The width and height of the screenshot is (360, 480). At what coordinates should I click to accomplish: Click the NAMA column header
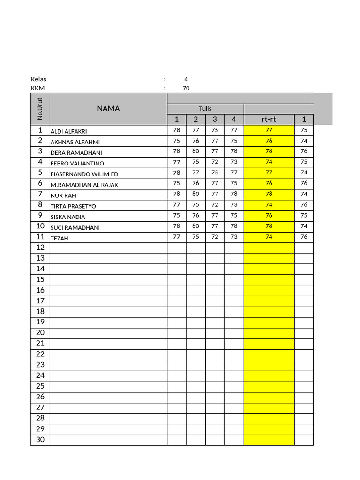108,108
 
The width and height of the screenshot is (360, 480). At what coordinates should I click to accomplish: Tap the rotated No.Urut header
40,108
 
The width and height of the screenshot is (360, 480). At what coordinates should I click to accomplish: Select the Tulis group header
205,108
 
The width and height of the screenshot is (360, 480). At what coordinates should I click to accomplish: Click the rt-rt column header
269,119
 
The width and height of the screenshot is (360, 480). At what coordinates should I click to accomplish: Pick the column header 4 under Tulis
234,119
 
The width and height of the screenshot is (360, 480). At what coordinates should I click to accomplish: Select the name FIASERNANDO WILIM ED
84,174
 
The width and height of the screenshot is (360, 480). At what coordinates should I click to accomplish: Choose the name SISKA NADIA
67,217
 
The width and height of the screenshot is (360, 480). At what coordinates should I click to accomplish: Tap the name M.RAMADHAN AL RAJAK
84,185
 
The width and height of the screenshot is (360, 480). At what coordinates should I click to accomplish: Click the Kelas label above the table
38,79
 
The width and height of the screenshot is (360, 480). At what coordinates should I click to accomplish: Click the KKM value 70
186,88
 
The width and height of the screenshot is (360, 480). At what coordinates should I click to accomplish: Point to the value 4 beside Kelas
186,79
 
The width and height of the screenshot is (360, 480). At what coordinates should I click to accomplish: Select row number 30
40,440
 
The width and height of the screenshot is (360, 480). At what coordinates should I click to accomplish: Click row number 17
40,300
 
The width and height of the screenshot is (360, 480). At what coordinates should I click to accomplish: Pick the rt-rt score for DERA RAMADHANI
269,151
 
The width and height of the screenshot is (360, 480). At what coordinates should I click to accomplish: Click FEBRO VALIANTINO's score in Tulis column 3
215,162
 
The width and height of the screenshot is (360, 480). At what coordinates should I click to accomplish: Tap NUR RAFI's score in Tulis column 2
195,194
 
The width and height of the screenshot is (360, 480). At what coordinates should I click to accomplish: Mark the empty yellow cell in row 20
269,333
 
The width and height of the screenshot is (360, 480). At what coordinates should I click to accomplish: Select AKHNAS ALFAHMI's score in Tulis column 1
176,140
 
